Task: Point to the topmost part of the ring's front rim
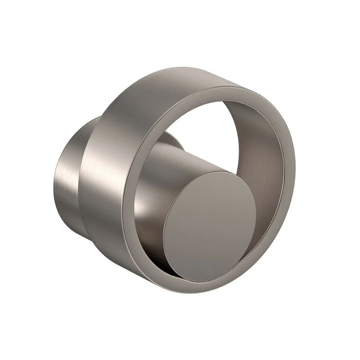pyautogui.click(x=226, y=89)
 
